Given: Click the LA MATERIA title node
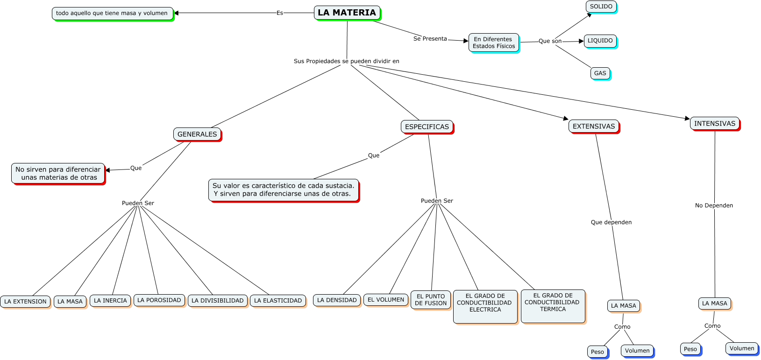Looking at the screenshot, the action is click(x=347, y=13).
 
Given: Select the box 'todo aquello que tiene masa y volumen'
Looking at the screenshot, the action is click(x=113, y=14).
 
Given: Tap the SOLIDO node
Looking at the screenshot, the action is click(x=601, y=7).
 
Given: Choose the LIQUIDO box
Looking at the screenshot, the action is click(x=600, y=41).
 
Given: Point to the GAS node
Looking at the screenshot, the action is click(x=600, y=73).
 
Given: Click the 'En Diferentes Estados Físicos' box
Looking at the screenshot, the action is click(x=494, y=42).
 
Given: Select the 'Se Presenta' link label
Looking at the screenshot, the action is click(x=430, y=39).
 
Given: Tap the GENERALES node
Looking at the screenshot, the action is click(x=197, y=134).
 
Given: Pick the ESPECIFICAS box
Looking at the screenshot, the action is click(x=427, y=127).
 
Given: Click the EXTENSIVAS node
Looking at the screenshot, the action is click(x=593, y=127).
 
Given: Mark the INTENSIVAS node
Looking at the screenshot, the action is click(x=714, y=124).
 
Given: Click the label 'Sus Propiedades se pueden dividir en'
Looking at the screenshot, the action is click(x=347, y=61).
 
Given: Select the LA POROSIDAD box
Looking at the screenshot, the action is click(x=159, y=300).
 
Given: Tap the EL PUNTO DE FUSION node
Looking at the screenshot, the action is click(x=430, y=300).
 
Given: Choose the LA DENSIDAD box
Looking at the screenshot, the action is click(x=337, y=300).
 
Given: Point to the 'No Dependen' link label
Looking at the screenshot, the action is click(x=714, y=205).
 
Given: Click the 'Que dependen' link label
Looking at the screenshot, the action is click(x=611, y=222).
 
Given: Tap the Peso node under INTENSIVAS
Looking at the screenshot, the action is click(x=690, y=349).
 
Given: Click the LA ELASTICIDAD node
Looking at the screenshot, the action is click(x=278, y=301).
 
